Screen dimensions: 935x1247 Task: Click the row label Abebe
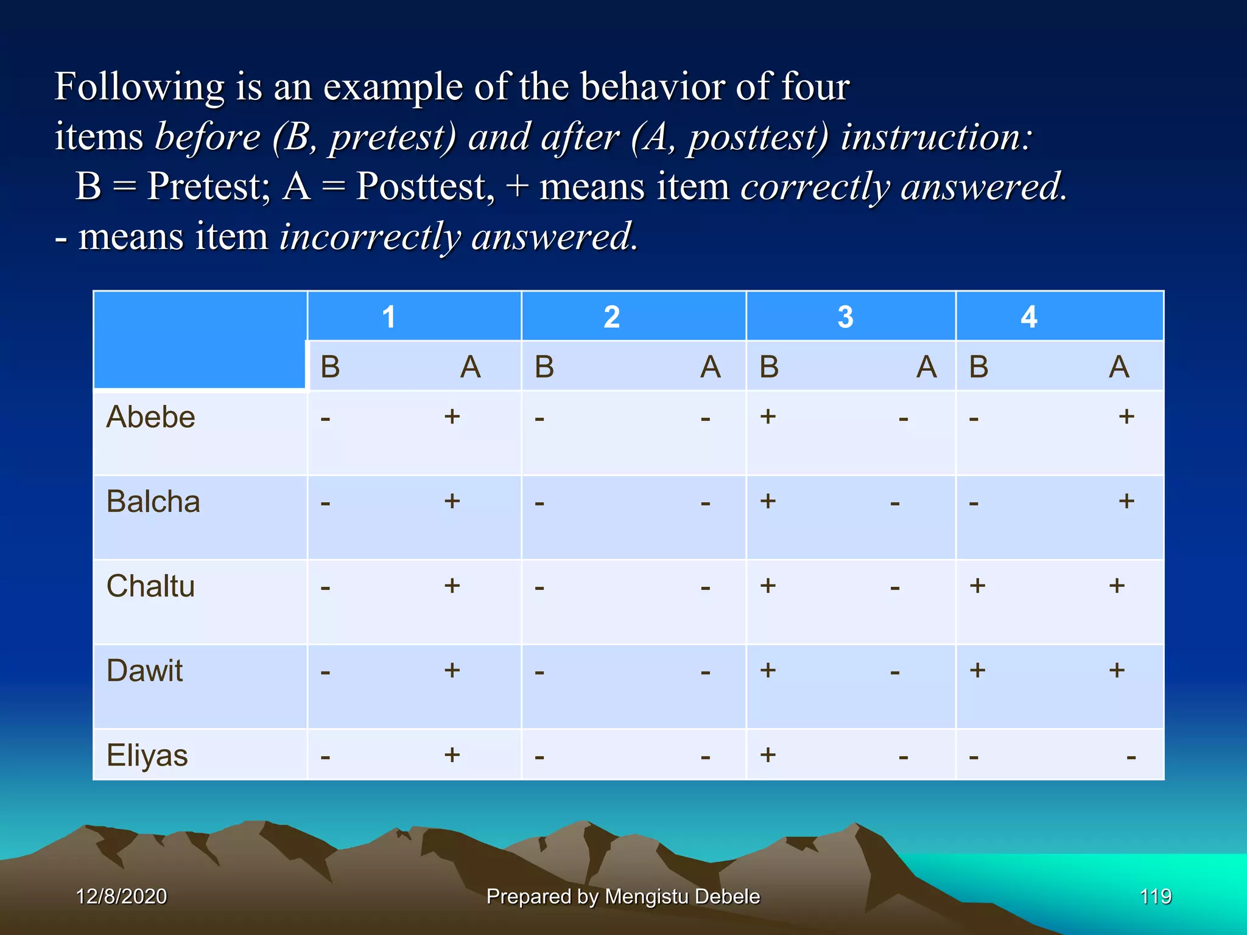(150, 418)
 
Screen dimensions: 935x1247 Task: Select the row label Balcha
(153, 502)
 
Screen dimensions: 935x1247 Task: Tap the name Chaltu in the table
(150, 587)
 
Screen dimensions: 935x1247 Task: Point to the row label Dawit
(144, 671)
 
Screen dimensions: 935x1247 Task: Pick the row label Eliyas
(147, 756)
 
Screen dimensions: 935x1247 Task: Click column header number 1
(388, 317)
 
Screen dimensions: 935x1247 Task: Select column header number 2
(611, 317)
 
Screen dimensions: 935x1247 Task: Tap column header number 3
(845, 317)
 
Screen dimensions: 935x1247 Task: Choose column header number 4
(1028, 317)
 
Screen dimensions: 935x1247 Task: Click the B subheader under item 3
(769, 367)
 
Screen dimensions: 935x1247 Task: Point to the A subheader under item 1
(470, 367)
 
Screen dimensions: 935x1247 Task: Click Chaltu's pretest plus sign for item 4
(977, 586)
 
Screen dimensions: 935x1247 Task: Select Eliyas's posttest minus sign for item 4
(1131, 758)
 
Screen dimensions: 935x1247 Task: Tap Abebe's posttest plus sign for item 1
(451, 416)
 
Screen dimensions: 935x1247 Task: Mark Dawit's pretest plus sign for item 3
(768, 670)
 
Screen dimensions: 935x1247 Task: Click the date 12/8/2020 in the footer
(121, 896)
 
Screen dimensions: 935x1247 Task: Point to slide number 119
(1155, 896)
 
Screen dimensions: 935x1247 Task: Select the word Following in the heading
(139, 87)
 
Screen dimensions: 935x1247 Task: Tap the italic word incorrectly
(369, 237)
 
